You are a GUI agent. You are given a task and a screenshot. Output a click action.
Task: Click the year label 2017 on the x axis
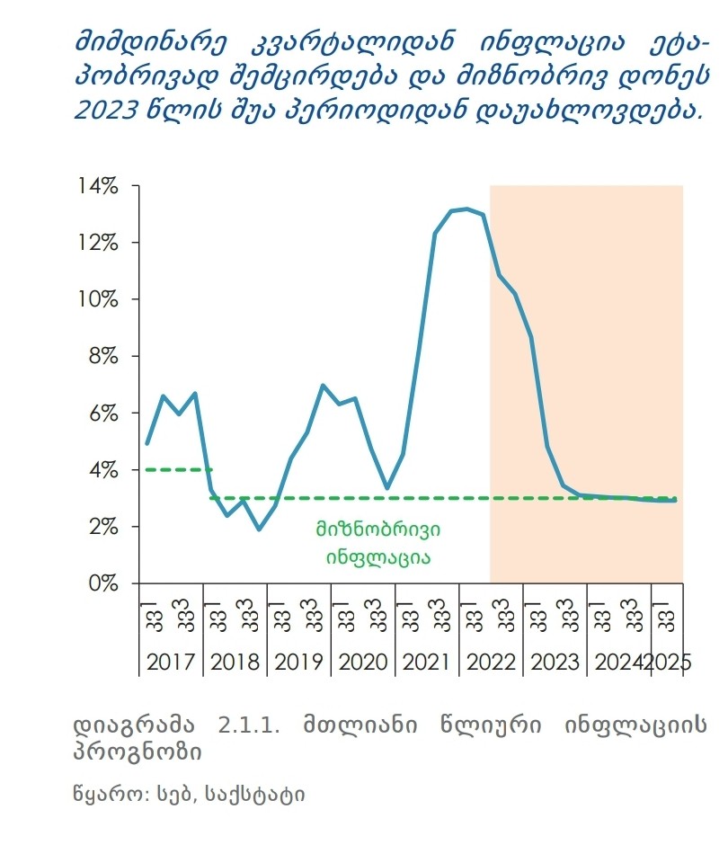point(171,663)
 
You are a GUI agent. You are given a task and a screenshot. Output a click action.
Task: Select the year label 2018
point(235,663)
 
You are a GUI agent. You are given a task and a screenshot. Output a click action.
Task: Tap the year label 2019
point(299,663)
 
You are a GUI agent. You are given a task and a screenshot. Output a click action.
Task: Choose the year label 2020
point(363,663)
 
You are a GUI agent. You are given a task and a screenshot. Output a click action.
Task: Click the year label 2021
point(427,663)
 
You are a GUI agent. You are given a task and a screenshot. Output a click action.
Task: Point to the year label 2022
point(492,663)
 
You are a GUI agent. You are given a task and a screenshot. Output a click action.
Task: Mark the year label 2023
point(555,663)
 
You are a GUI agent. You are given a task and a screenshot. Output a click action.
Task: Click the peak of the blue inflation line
point(466,209)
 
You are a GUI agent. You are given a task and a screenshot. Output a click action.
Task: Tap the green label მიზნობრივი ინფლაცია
point(377,543)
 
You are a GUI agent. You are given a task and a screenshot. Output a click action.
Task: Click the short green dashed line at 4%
point(178,469)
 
